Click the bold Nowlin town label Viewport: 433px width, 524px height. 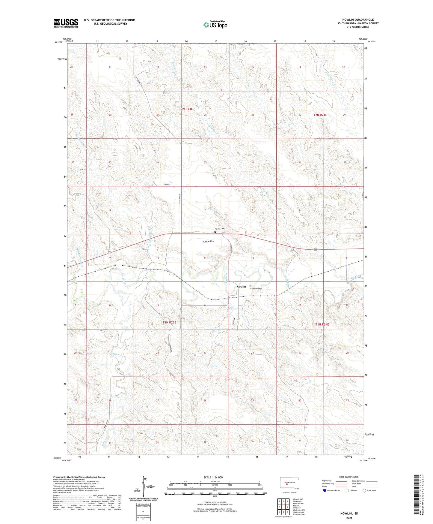click(241, 287)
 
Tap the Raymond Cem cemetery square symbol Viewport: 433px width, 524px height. click(251, 286)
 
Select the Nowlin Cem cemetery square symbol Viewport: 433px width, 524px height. click(215, 232)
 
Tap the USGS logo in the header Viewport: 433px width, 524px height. click(66, 23)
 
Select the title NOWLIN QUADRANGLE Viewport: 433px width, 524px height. click(358, 20)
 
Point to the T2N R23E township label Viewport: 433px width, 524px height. click(186, 109)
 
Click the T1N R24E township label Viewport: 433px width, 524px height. click(322, 324)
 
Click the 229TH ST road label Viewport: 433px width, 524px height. click(167, 185)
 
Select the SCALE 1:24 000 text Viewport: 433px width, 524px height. click(213, 477)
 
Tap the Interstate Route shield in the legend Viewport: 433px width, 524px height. click(325, 490)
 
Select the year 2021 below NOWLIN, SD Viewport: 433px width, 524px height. click(349, 518)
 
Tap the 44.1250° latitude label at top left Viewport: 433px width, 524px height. click(58, 42)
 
